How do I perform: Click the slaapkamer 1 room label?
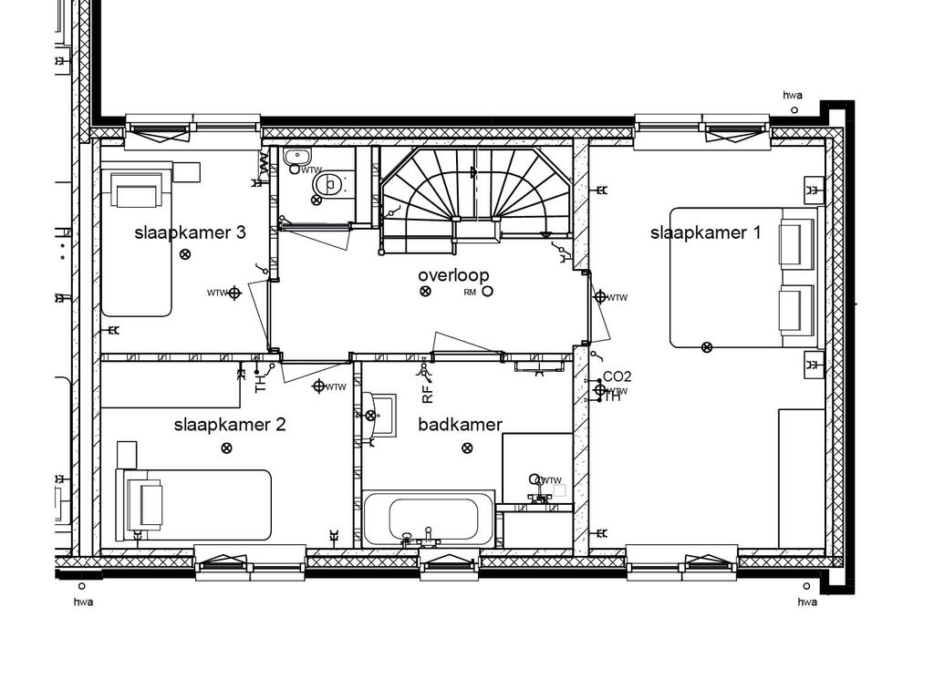[x=705, y=232]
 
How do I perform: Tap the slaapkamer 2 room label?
[x=230, y=424]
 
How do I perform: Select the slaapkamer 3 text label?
[x=190, y=232]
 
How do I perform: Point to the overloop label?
[x=453, y=274]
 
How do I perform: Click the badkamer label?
[x=460, y=424]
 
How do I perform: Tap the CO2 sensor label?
[x=617, y=376]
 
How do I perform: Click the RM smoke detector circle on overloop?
[x=487, y=292]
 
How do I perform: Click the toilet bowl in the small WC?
[x=327, y=186]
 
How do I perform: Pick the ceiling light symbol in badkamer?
[x=467, y=448]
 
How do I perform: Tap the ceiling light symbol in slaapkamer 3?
[x=185, y=254]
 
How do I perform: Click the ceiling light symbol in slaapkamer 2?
[x=226, y=447]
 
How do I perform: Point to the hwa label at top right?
[x=793, y=95]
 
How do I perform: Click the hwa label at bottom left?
[x=83, y=602]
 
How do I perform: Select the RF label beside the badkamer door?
[x=427, y=394]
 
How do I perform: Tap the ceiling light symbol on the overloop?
[x=424, y=292]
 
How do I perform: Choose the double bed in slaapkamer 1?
[x=739, y=278]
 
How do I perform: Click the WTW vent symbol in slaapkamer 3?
[x=234, y=293]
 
